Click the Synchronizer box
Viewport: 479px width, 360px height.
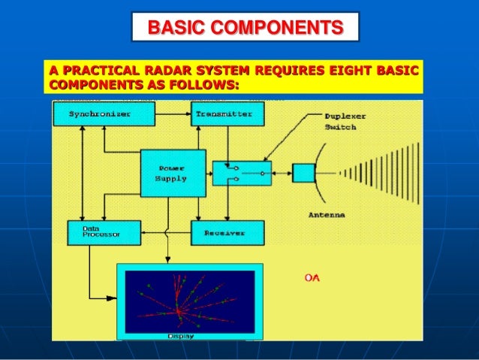[x=103, y=114]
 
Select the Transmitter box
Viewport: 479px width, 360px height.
[x=227, y=114]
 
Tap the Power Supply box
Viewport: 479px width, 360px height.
[x=173, y=173]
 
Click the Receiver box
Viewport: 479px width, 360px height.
[x=227, y=233]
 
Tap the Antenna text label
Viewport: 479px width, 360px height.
[x=327, y=214]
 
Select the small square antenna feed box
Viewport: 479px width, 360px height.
[x=303, y=173]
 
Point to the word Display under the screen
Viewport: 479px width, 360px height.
[x=180, y=336]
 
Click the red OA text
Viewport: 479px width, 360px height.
[x=312, y=278]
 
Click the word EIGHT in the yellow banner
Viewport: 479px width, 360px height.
[x=345, y=71]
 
